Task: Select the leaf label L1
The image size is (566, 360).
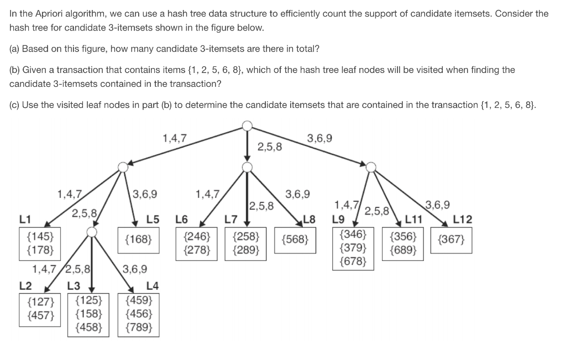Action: coord(25,219)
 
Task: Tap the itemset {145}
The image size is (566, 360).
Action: coord(40,236)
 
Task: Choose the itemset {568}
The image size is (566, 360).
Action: coord(295,241)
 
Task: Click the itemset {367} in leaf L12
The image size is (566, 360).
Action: coord(451,241)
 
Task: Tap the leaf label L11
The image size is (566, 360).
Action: coord(413,220)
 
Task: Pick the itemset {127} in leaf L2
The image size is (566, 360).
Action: coord(40,302)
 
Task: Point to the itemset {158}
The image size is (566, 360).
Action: coord(88,314)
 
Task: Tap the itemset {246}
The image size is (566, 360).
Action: coord(197,237)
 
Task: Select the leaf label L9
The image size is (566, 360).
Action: coord(339,220)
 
